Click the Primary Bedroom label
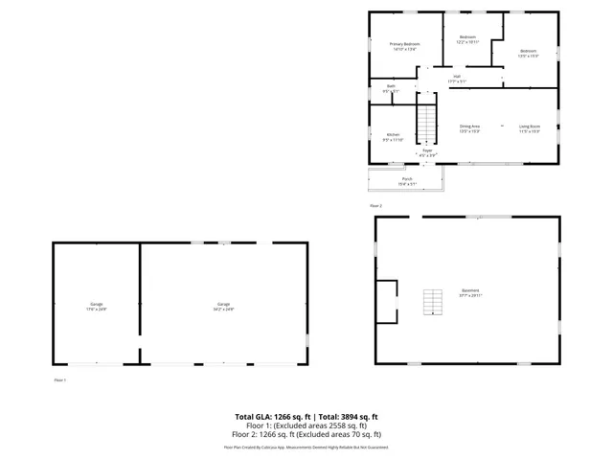click(404, 46)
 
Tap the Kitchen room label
click(393, 137)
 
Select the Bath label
click(391, 89)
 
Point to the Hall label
click(457, 79)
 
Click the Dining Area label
click(469, 128)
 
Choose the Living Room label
click(530, 128)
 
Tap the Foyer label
click(428, 151)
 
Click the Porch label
click(407, 181)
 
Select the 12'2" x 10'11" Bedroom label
click(467, 39)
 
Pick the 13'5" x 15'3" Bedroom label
click(529, 53)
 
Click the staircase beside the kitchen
click(425, 122)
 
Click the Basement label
click(469, 292)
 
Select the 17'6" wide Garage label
click(97, 307)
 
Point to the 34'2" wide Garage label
click(224, 307)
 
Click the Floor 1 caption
click(59, 380)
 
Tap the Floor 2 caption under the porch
click(375, 206)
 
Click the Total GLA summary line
click(306, 417)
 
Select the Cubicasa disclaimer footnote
click(306, 447)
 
